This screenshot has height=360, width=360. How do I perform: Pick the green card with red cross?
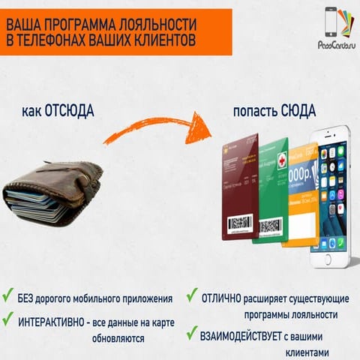click(x=270, y=191)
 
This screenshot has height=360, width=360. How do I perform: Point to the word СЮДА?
click(x=298, y=111)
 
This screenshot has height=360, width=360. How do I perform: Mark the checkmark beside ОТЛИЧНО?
click(x=192, y=295)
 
